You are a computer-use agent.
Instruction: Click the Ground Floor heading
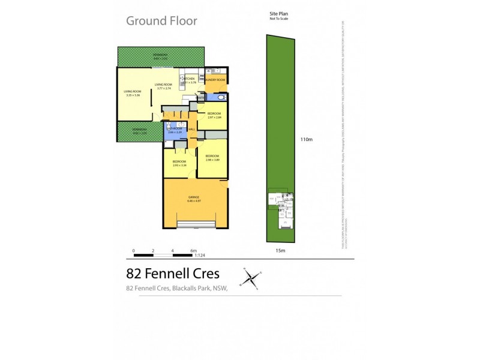pos(161,21)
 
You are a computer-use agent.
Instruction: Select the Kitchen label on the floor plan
pos(190,79)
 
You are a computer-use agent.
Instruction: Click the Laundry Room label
pos(215,80)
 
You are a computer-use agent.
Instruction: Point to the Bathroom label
pos(175,128)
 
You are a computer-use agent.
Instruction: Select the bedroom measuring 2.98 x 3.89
pos(213,158)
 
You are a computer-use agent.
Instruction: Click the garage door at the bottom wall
pos(195,227)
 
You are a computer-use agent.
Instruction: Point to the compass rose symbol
pos(252,278)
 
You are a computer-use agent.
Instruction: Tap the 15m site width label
pos(280,250)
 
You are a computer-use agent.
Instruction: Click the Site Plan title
pos(279,14)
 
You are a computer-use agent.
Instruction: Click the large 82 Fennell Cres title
pos(173,274)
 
